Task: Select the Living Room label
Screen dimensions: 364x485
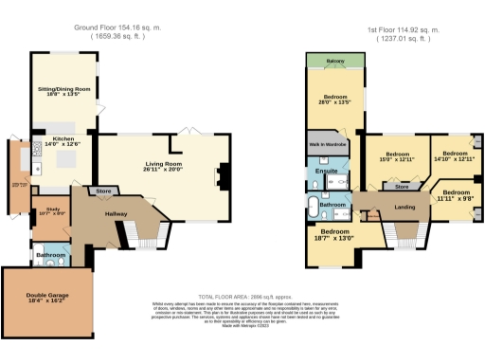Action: [163, 167]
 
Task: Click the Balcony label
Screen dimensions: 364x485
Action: [334, 60]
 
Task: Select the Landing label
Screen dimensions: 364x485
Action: [405, 207]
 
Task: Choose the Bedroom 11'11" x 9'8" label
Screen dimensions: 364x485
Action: [455, 196]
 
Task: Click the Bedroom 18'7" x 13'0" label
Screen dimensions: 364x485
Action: [333, 235]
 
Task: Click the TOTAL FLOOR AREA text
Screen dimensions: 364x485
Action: [241, 297]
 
